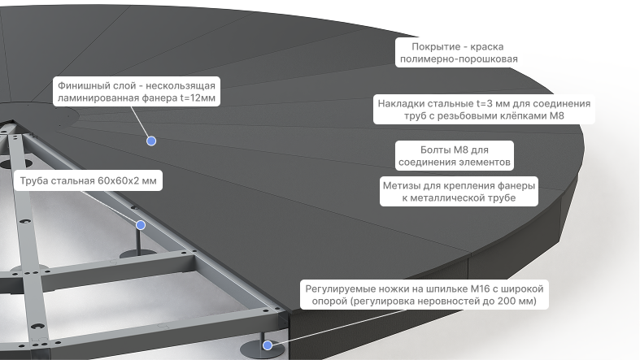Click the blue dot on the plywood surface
pyautogui.click(x=151, y=141)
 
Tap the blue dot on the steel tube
pyautogui.click(x=141, y=225)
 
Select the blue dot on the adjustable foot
pyautogui.click(x=268, y=345)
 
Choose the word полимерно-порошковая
pyautogui.click(x=459, y=59)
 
